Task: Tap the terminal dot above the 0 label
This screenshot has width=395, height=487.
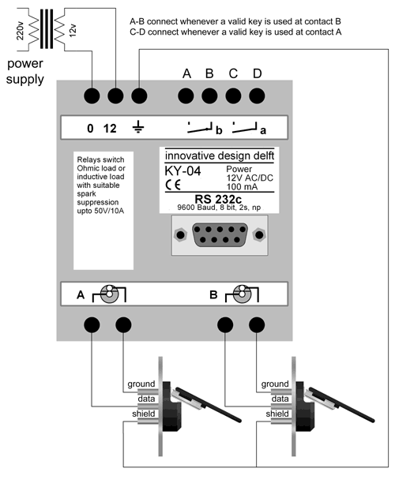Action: tap(92, 96)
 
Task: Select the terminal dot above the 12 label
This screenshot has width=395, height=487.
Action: tap(116, 96)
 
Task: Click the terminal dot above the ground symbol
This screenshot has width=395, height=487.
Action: tap(139, 96)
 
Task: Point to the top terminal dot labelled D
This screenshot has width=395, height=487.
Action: tap(257, 96)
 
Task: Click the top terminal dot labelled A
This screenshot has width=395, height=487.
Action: tap(187, 96)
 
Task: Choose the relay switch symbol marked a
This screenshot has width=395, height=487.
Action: tap(248, 127)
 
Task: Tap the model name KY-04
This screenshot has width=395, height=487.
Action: tap(183, 170)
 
